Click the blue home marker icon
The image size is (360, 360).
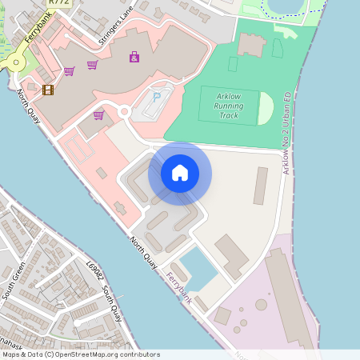pos(180,173)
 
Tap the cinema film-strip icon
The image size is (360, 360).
pos(48,90)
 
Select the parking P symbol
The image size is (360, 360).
pos(157,97)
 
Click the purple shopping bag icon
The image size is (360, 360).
pos(134,57)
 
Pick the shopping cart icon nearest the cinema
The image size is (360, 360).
pos(69,71)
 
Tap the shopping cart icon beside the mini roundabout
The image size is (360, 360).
pos(98,115)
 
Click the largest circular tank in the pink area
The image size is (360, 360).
pos(262,305)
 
